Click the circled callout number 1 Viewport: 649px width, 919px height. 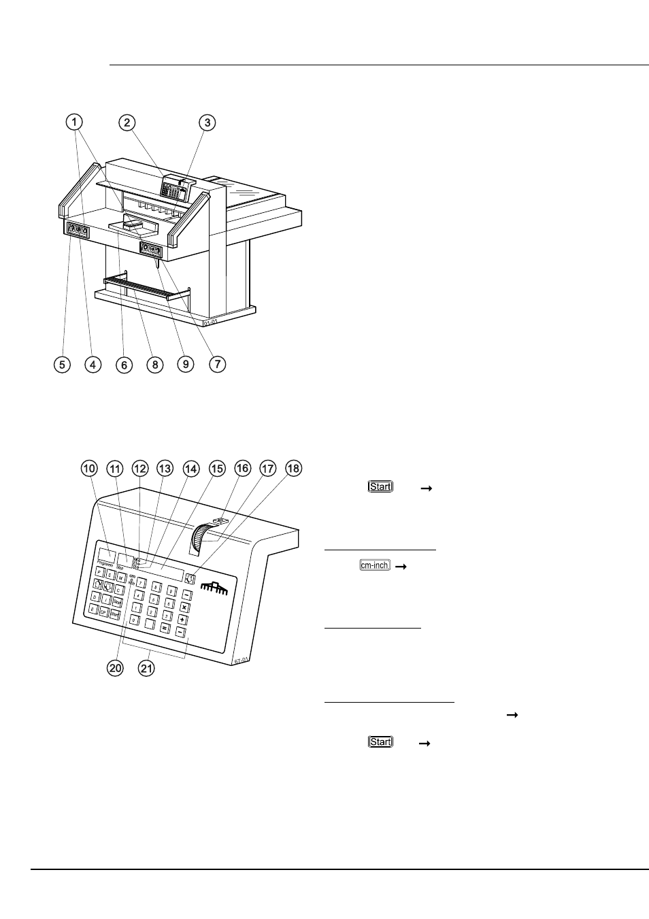click(75, 122)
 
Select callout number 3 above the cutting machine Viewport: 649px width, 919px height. click(207, 122)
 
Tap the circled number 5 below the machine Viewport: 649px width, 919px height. click(62, 364)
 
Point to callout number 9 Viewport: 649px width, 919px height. click(186, 364)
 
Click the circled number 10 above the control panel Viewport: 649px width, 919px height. click(90, 468)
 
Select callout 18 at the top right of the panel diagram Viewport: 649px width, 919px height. click(294, 468)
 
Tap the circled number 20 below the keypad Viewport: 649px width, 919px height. click(116, 668)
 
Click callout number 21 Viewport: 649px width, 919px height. click(146, 668)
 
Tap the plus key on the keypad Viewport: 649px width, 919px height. click(182, 620)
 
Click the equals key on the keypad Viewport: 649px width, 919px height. click(164, 628)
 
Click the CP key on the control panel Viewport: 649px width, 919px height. click(103, 612)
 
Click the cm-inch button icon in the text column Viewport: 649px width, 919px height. click(375, 565)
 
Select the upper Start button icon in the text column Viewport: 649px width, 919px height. click(380, 486)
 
